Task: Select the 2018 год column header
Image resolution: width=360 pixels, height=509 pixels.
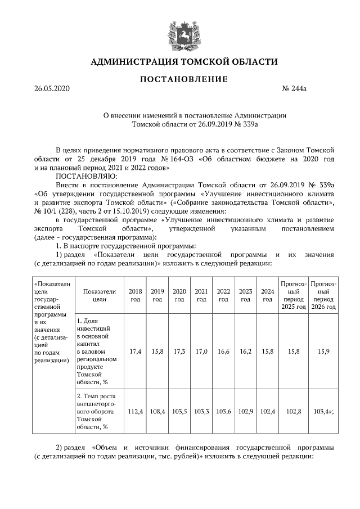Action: [135, 295]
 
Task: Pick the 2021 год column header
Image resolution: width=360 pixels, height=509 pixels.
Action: [201, 295]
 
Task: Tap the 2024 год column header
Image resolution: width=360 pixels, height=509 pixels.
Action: [267, 295]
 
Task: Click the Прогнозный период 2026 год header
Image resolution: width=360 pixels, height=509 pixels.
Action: [323, 295]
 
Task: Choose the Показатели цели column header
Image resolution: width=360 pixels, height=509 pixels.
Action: [99, 295]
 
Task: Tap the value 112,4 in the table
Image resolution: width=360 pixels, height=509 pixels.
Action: [135, 412]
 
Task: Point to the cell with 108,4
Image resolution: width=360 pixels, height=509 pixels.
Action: [157, 412]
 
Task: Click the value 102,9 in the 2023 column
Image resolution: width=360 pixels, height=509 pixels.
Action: [245, 412]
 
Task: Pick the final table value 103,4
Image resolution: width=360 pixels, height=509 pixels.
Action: [323, 412]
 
